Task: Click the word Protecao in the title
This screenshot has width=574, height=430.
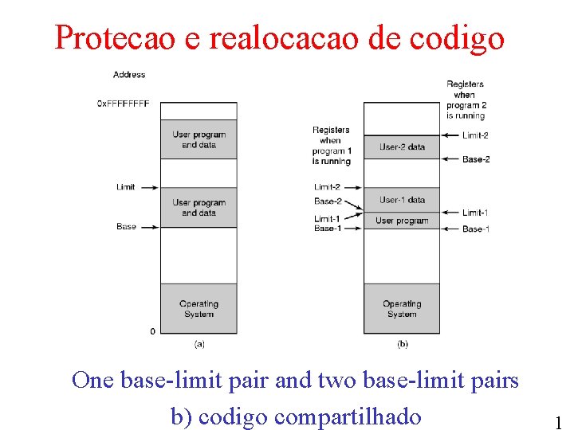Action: (x=116, y=37)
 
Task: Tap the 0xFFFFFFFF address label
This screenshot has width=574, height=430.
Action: (x=123, y=104)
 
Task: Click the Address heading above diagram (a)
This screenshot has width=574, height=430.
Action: (x=129, y=75)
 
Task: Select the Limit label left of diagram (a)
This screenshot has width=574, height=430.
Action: (x=125, y=187)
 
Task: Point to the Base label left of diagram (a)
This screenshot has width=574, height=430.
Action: (x=126, y=227)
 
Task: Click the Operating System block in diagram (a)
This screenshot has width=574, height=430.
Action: (x=199, y=308)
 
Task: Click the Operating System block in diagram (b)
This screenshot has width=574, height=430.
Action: (x=402, y=308)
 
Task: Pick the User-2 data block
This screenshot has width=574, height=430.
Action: (x=402, y=147)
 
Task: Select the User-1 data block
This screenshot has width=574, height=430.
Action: (x=402, y=200)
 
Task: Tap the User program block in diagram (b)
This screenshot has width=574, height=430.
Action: (x=402, y=221)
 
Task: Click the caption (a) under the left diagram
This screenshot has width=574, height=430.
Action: (x=199, y=344)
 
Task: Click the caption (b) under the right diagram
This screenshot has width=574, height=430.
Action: (x=403, y=344)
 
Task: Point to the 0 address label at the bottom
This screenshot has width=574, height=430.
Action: (x=152, y=330)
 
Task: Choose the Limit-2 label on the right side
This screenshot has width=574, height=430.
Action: (x=475, y=136)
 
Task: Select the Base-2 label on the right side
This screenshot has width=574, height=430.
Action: (x=476, y=159)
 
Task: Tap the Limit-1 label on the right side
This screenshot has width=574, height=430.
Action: (x=475, y=213)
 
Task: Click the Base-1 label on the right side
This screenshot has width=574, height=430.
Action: (x=476, y=229)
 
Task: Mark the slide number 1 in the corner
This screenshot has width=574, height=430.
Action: (x=558, y=422)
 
